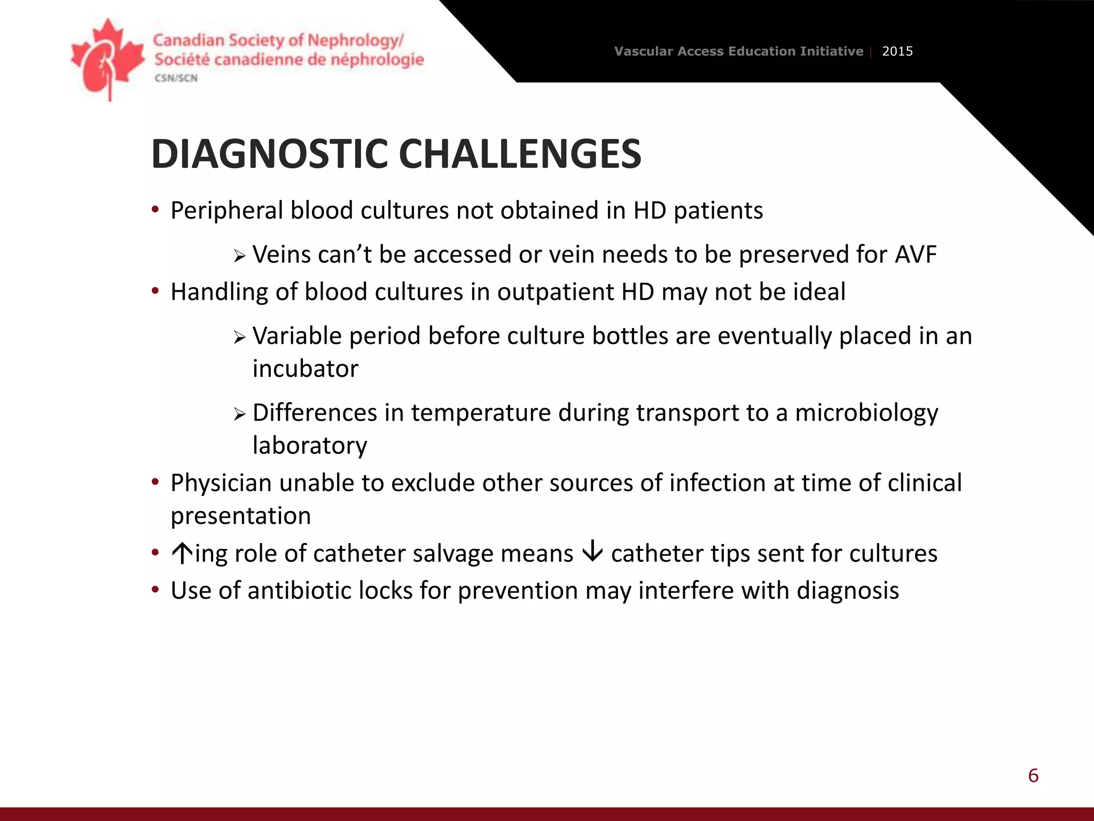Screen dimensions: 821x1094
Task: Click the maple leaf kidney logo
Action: coord(107,59)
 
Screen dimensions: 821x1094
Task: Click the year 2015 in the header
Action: coord(897,51)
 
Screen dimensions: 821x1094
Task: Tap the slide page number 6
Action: coord(1033,776)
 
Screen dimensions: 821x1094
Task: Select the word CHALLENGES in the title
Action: coord(519,154)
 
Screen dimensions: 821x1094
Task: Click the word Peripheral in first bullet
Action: coord(226,211)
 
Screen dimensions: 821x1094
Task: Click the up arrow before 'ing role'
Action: coord(182,553)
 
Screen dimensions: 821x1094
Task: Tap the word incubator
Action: coord(305,369)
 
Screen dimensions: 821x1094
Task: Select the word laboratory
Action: coord(310,446)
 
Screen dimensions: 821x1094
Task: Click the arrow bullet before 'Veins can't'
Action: coord(239,256)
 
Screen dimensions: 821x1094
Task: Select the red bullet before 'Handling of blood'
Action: coord(155,291)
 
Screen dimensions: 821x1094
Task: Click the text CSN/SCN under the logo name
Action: coord(176,78)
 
